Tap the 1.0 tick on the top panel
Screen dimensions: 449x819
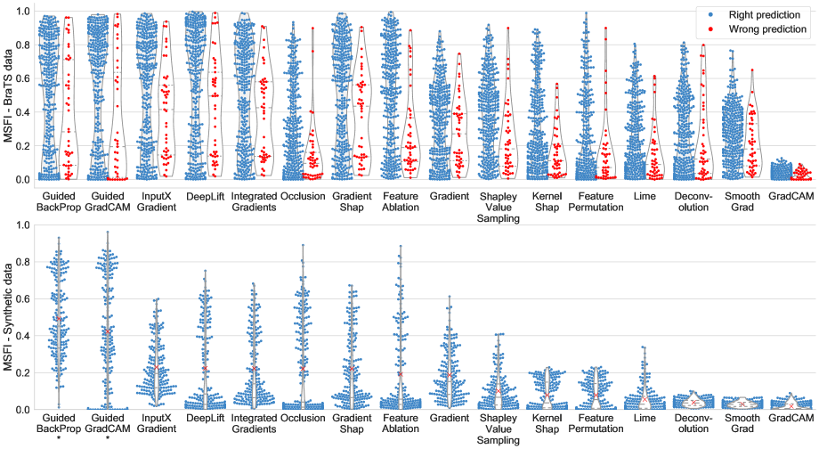[x=23, y=11]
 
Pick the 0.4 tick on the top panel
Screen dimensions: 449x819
[x=23, y=111]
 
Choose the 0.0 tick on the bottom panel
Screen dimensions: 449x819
[x=23, y=409]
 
